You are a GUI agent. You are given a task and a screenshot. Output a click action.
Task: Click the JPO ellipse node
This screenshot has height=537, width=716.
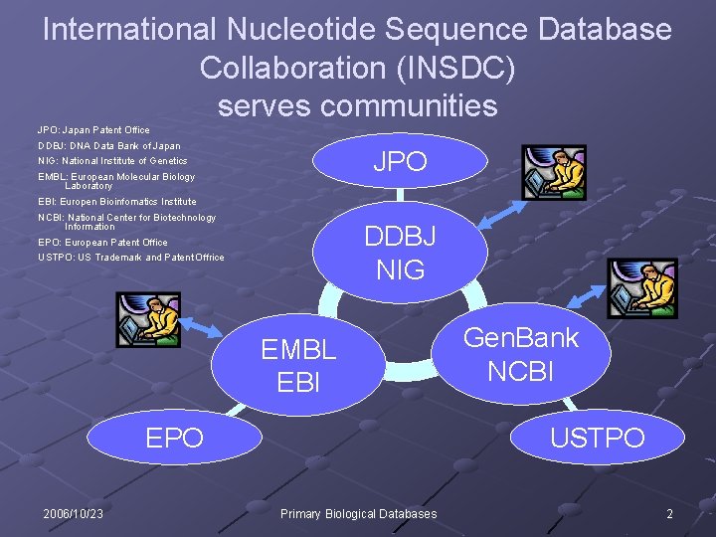pos(399,162)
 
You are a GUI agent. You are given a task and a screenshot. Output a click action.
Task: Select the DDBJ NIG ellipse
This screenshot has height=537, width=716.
pos(400,252)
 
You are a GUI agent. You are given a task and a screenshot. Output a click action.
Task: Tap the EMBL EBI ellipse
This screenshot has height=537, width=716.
pos(298,365)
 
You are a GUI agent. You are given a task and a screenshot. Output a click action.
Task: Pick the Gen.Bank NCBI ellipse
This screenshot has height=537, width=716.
pos(520,353)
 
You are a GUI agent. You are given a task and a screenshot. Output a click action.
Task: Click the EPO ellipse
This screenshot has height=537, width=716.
pos(175,437)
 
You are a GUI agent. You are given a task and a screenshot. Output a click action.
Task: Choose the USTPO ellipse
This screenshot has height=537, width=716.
pos(597,437)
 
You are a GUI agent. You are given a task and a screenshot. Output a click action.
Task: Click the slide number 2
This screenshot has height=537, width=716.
pos(669,514)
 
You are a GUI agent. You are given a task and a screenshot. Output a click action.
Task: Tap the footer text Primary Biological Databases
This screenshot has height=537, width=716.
pos(358,514)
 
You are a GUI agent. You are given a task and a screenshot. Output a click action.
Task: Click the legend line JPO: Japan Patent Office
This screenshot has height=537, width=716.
pos(93,129)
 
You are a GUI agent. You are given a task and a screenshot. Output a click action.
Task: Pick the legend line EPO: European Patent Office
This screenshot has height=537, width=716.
pos(102,242)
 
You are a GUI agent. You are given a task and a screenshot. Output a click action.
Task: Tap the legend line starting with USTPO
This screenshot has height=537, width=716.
pos(131,258)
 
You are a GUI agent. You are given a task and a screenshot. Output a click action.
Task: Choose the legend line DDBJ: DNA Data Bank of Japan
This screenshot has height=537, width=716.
pos(109,145)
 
